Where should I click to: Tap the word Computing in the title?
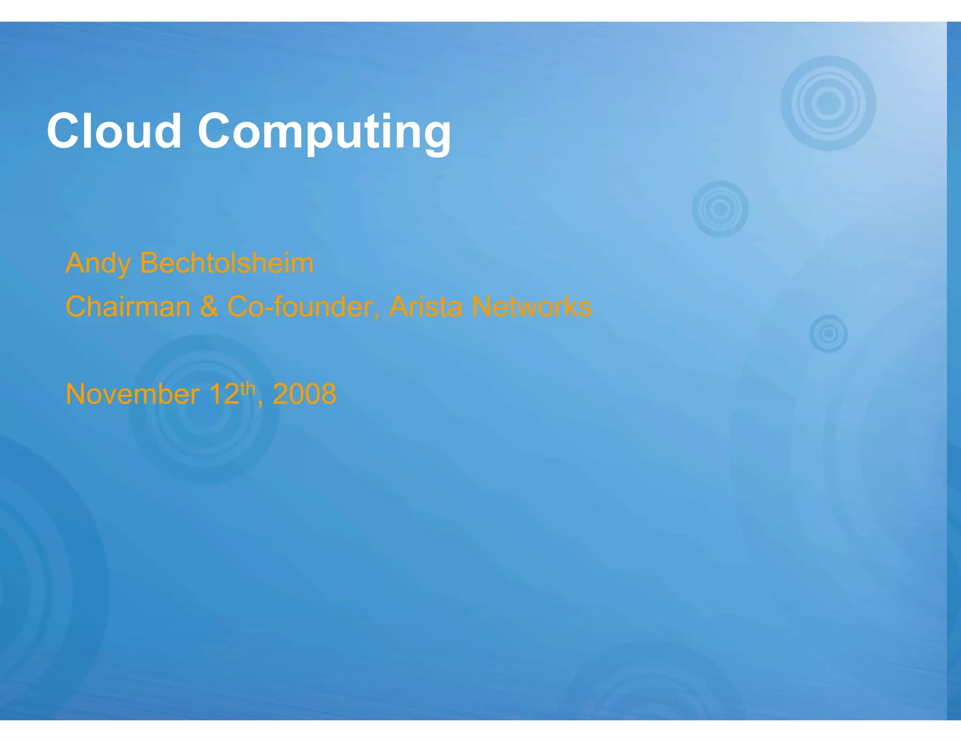point(324,133)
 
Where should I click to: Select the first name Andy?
point(98,264)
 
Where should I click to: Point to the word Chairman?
point(128,307)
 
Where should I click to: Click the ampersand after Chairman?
point(209,307)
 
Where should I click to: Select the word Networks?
point(532,307)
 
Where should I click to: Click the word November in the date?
point(132,394)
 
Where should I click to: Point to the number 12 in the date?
point(224,394)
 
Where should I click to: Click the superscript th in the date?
point(248,388)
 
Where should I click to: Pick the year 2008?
point(304,394)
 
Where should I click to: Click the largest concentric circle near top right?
point(828,103)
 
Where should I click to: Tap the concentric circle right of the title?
point(720,209)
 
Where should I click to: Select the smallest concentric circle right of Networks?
point(829,333)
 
